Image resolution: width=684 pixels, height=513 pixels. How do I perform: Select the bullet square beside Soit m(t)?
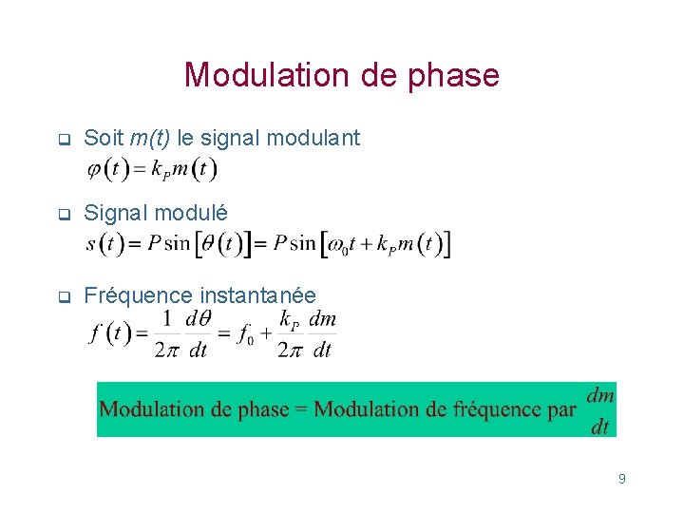click(x=63, y=140)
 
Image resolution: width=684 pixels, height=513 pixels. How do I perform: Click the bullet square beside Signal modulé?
click(x=63, y=216)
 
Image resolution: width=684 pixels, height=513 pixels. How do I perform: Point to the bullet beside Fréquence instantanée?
click(x=63, y=296)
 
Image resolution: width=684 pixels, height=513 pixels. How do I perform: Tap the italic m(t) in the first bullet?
click(x=150, y=138)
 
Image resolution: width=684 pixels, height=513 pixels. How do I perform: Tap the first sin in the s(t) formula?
click(x=177, y=243)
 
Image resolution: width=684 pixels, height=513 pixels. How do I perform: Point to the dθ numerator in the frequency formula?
click(x=198, y=320)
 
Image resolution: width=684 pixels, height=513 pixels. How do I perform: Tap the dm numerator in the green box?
click(x=600, y=393)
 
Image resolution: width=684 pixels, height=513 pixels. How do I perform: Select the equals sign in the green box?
click(x=301, y=409)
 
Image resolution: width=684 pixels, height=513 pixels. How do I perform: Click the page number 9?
click(x=621, y=479)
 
